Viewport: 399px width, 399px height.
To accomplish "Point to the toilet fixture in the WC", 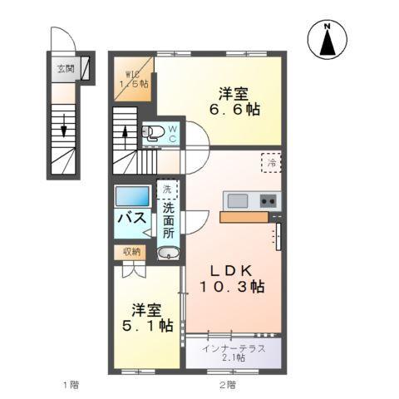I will (x=155, y=131).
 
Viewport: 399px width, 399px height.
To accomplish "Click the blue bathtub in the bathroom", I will (x=132, y=197).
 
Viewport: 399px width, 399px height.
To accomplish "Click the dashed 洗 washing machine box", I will (x=167, y=190).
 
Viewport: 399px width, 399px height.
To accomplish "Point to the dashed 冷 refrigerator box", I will (x=270, y=161).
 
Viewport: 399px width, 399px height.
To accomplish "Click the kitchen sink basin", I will (x=238, y=199).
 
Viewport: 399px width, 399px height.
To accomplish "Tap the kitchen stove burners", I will (x=268, y=199).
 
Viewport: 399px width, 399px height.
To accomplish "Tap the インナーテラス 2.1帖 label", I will (x=234, y=352).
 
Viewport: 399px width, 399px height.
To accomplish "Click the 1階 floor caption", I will (x=71, y=385).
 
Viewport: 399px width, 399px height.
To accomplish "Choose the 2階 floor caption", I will (x=226, y=385).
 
